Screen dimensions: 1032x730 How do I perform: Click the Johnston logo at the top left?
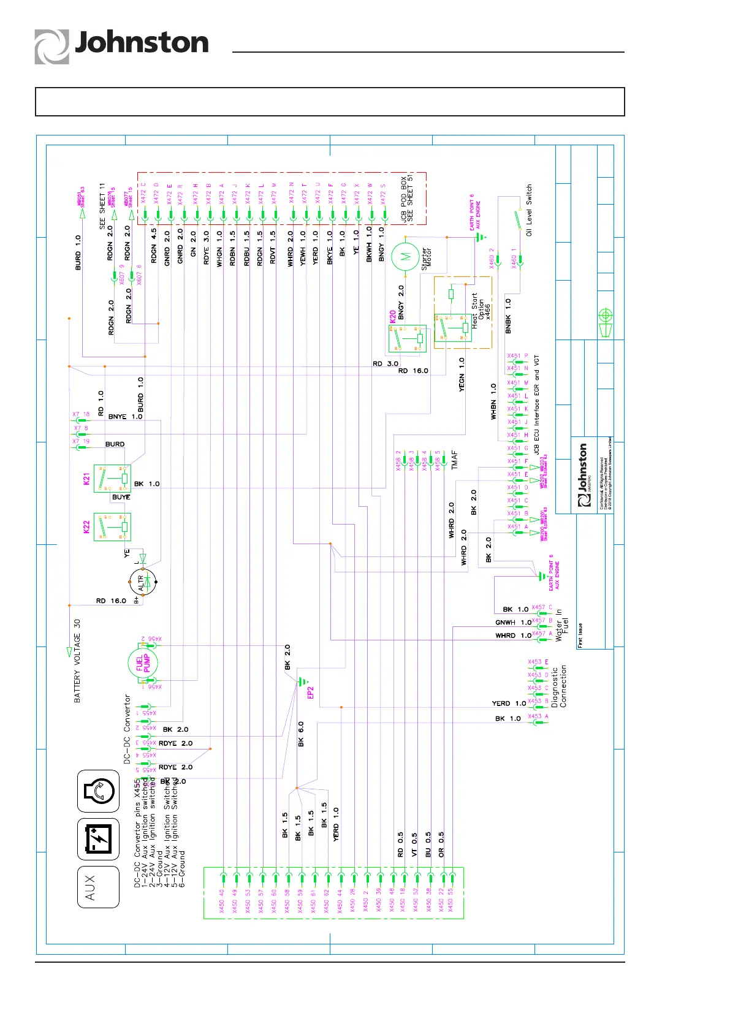(121, 45)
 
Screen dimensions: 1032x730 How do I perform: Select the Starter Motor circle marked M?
(405, 257)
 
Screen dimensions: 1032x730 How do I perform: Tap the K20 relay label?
(392, 317)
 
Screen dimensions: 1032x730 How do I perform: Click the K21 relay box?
(112, 479)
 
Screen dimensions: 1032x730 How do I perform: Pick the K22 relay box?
(112, 526)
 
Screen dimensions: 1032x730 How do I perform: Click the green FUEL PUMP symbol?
(143, 662)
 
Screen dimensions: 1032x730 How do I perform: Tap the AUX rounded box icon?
(98, 887)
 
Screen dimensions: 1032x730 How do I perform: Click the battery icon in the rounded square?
(98, 839)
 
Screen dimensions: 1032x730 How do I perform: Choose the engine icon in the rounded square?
(98, 791)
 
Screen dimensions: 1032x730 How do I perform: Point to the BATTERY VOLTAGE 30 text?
(77, 661)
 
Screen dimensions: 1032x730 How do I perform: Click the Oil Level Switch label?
(529, 210)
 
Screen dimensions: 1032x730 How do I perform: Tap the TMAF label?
(454, 460)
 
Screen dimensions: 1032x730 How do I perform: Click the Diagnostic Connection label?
(559, 686)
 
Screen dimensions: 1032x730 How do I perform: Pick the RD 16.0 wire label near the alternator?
(111, 601)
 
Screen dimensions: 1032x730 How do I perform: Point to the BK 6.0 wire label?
(301, 734)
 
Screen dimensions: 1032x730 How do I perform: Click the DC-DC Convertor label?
(127, 729)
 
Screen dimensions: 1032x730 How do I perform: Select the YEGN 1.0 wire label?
(462, 374)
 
